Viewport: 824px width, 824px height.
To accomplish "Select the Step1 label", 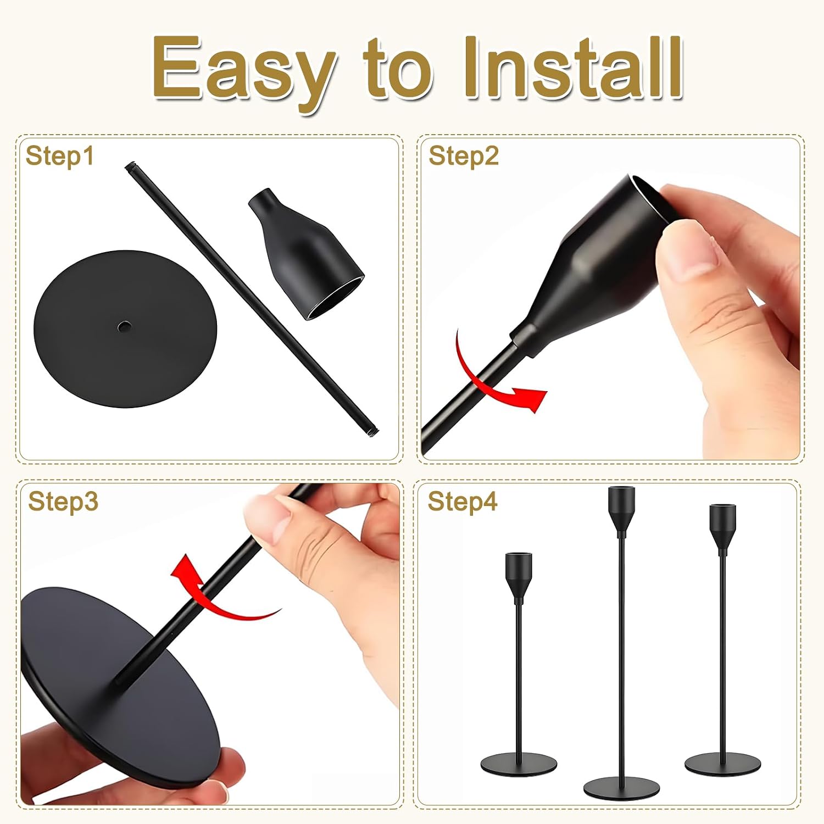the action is (x=59, y=157).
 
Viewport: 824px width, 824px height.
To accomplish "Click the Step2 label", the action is (x=464, y=156).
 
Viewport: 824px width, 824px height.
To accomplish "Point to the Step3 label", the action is (x=63, y=502).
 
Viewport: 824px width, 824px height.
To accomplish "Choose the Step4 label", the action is (x=463, y=502).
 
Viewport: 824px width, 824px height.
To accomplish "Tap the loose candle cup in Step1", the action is (x=305, y=253).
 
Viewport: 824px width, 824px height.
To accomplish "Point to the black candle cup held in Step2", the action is (x=593, y=264).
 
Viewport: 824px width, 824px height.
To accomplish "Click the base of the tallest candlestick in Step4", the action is (x=621, y=788).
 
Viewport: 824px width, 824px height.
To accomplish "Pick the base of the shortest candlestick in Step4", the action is (x=519, y=765).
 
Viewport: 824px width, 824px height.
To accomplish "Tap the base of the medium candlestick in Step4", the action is (x=723, y=764).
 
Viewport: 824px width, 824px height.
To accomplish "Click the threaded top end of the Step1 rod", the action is (x=131, y=166).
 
